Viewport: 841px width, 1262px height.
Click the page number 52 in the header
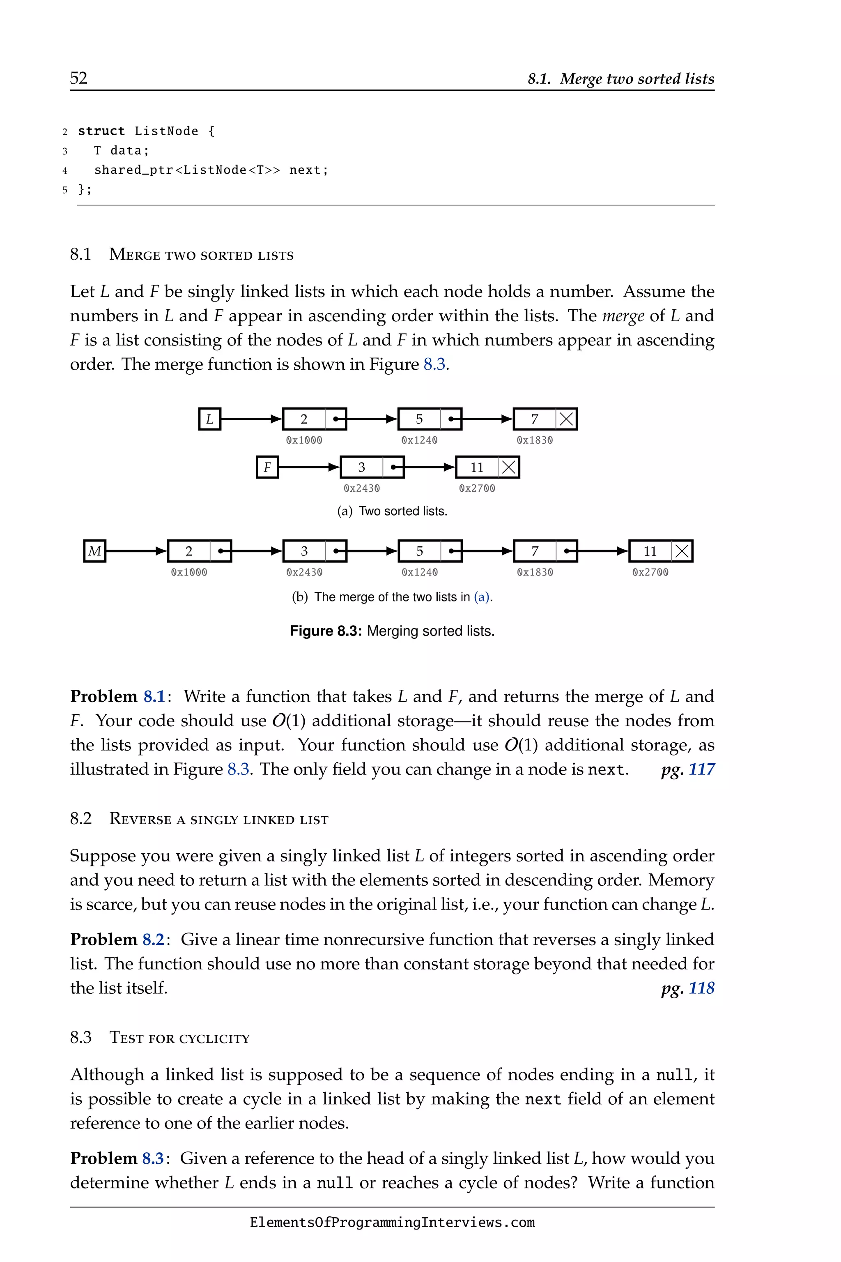point(78,78)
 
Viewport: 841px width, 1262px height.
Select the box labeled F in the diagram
point(267,467)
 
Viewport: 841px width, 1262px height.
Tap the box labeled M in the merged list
point(95,551)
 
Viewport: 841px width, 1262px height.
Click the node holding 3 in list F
point(362,467)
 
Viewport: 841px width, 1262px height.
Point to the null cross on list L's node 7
point(566,419)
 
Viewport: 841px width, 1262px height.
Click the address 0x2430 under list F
point(362,488)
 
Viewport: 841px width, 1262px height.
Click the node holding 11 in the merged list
point(650,551)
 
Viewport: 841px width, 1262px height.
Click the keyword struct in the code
point(101,131)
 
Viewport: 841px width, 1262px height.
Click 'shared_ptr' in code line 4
point(133,170)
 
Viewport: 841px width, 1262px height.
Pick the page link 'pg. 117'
point(687,769)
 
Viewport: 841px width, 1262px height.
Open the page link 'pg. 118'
point(687,988)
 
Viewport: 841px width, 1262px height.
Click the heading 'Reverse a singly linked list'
point(219,819)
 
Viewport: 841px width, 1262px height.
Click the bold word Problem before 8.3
point(103,1158)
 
